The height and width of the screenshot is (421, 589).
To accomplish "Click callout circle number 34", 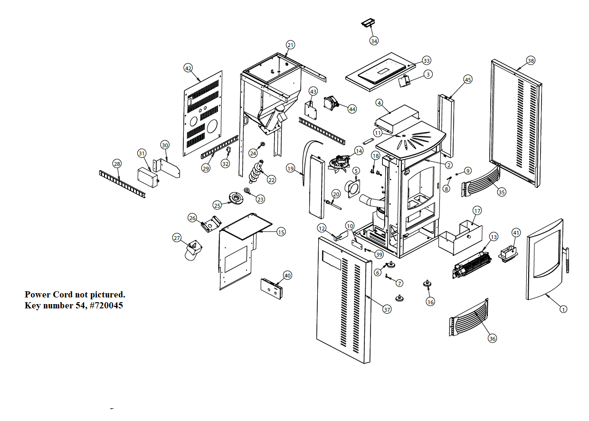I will tap(374, 41).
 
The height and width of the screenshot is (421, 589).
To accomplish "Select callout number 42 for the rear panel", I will tap(189, 68).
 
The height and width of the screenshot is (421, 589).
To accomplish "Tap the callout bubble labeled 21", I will tap(290, 45).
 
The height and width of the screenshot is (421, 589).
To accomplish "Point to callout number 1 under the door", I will tap(563, 309).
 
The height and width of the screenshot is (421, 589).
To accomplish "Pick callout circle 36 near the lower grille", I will tap(492, 338).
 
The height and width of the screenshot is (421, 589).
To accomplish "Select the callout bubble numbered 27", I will tap(177, 238).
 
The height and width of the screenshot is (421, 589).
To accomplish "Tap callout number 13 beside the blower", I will tap(494, 237).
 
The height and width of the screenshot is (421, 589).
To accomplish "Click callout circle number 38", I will tap(531, 61).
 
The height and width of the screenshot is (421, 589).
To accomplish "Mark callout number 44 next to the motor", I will tap(352, 109).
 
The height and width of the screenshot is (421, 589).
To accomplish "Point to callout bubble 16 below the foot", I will tap(430, 302).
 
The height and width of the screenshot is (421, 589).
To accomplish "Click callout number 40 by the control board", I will tap(287, 276).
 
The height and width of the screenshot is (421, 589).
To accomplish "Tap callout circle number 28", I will tap(117, 163).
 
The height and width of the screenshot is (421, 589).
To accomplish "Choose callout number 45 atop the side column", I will tap(468, 80).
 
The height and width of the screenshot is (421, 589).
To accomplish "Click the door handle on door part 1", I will tap(568, 260).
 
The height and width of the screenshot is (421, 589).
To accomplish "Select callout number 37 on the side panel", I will tap(387, 309).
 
